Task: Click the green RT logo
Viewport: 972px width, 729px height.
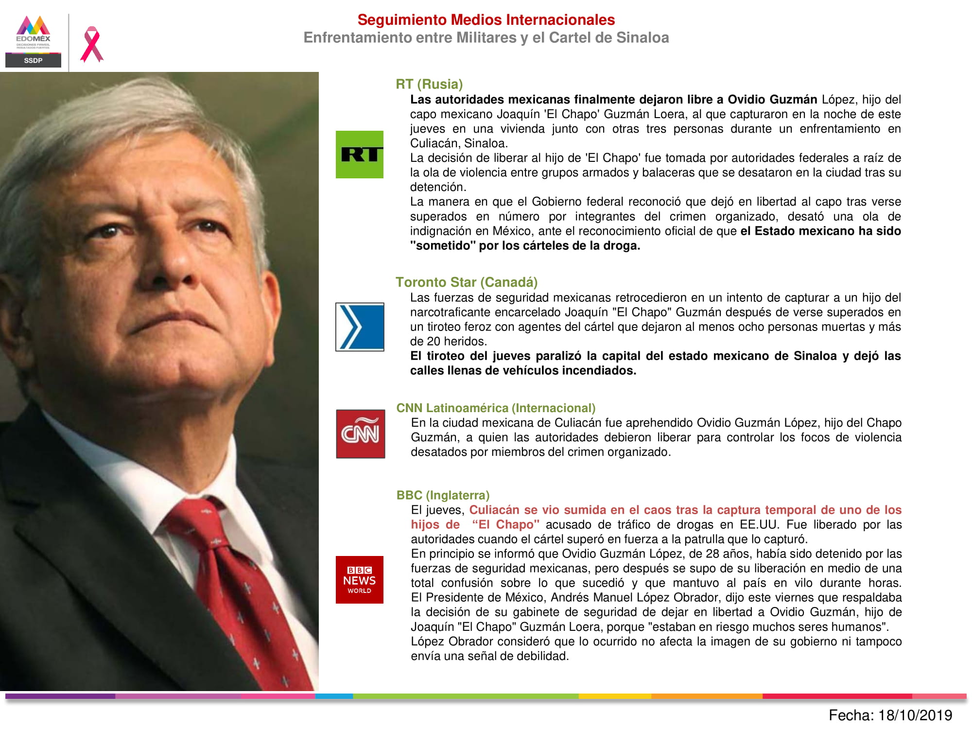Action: [x=360, y=155]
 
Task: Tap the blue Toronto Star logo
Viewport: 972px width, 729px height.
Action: [x=360, y=327]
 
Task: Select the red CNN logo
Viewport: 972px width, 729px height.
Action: [x=360, y=434]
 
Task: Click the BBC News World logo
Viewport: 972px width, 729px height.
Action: [x=360, y=580]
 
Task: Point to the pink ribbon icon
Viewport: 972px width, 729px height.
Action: [x=91, y=44]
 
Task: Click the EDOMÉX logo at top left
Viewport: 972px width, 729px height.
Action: [x=33, y=33]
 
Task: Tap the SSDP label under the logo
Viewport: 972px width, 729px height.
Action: [x=33, y=60]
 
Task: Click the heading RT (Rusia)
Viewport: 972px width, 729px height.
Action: [x=429, y=84]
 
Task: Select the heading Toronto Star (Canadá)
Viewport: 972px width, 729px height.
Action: [x=467, y=282]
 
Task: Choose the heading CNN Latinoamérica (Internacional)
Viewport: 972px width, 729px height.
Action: [x=496, y=408]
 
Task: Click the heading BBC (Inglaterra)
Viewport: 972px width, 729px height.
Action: [x=443, y=495]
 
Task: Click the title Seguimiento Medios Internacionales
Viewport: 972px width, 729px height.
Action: [x=486, y=20]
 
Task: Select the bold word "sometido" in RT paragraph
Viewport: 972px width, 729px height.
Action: [x=442, y=246]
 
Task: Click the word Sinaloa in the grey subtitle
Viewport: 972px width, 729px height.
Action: [x=642, y=38]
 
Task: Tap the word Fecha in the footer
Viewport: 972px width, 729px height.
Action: [x=850, y=715]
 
